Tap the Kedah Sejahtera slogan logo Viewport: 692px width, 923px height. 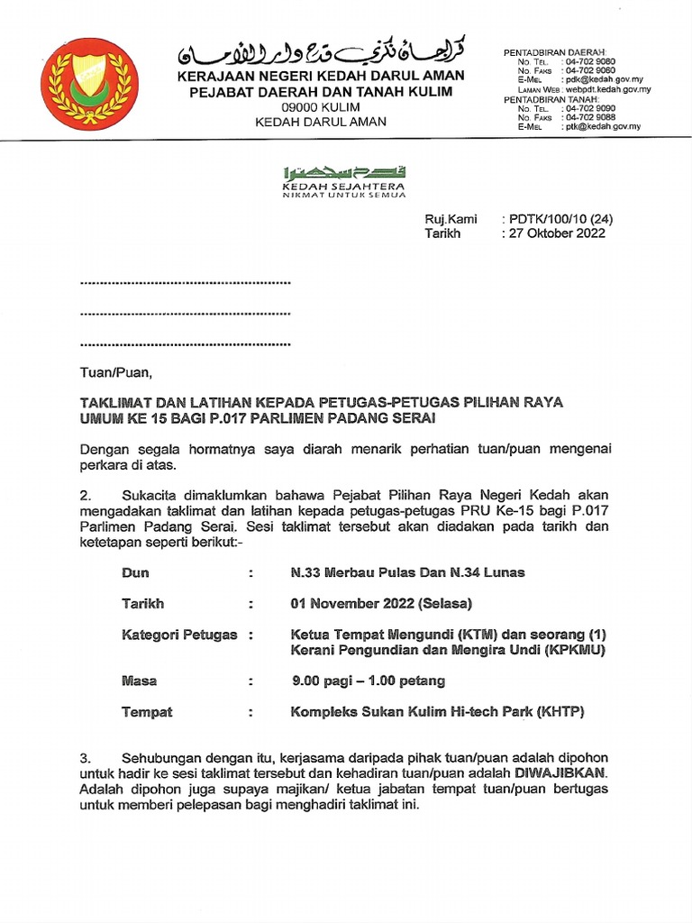click(343, 181)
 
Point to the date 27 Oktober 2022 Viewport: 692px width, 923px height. click(556, 233)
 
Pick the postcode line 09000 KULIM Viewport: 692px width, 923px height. click(320, 106)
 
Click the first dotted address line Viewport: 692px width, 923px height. click(186, 283)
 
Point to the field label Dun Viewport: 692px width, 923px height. click(135, 572)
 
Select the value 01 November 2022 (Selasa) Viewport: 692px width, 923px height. click(380, 603)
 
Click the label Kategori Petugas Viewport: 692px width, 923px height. click(179, 635)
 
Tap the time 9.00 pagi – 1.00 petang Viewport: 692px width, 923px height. click(367, 681)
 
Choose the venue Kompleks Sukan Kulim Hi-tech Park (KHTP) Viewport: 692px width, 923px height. click(437, 712)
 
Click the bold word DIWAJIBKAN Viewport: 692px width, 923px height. click(561, 773)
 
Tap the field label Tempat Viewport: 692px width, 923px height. click(147, 712)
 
